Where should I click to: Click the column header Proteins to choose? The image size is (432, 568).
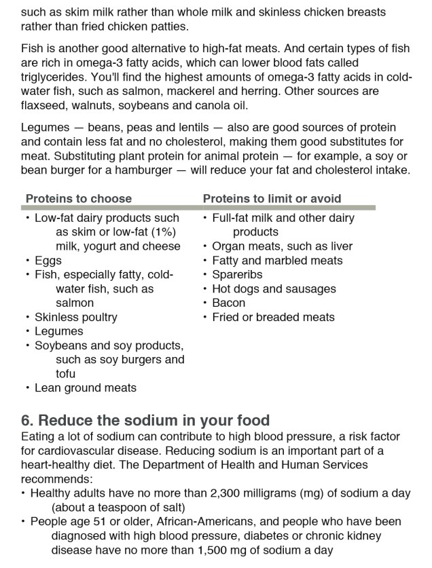click(78, 199)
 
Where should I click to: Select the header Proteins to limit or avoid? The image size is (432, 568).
click(272, 199)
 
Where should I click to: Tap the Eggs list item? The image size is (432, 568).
click(48, 261)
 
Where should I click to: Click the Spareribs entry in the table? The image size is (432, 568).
click(237, 275)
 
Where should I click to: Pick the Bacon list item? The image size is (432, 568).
click(229, 303)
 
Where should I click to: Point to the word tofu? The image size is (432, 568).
click(65, 374)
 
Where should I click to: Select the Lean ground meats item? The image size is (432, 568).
click(85, 388)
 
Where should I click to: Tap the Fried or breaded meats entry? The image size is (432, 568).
click(273, 318)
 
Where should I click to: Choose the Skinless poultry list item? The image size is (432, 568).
click(75, 318)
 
